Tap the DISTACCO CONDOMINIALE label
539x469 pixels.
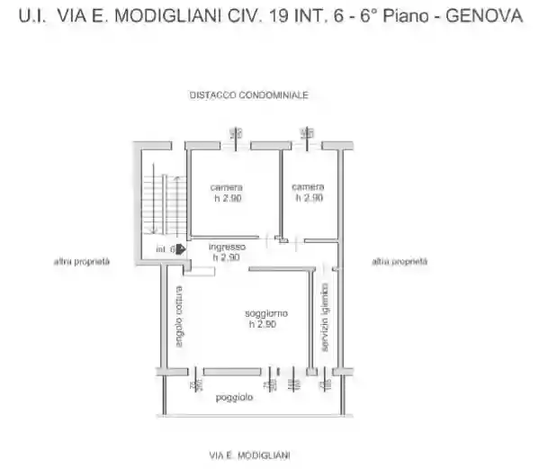pyautogui.click(x=248, y=95)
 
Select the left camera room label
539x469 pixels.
pyautogui.click(x=227, y=187)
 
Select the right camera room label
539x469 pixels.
pyautogui.click(x=307, y=187)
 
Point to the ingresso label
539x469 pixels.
pyautogui.click(x=227, y=247)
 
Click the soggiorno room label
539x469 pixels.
pyautogui.click(x=266, y=313)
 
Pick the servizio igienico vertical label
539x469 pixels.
pyautogui.click(x=325, y=318)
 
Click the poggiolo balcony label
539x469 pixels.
pyautogui.click(x=233, y=398)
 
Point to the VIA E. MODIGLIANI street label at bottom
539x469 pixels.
pyautogui.click(x=249, y=455)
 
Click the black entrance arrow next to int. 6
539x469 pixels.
pyautogui.click(x=181, y=249)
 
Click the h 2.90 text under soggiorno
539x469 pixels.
pyautogui.click(x=263, y=324)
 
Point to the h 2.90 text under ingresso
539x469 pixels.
pyautogui.click(x=226, y=257)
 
